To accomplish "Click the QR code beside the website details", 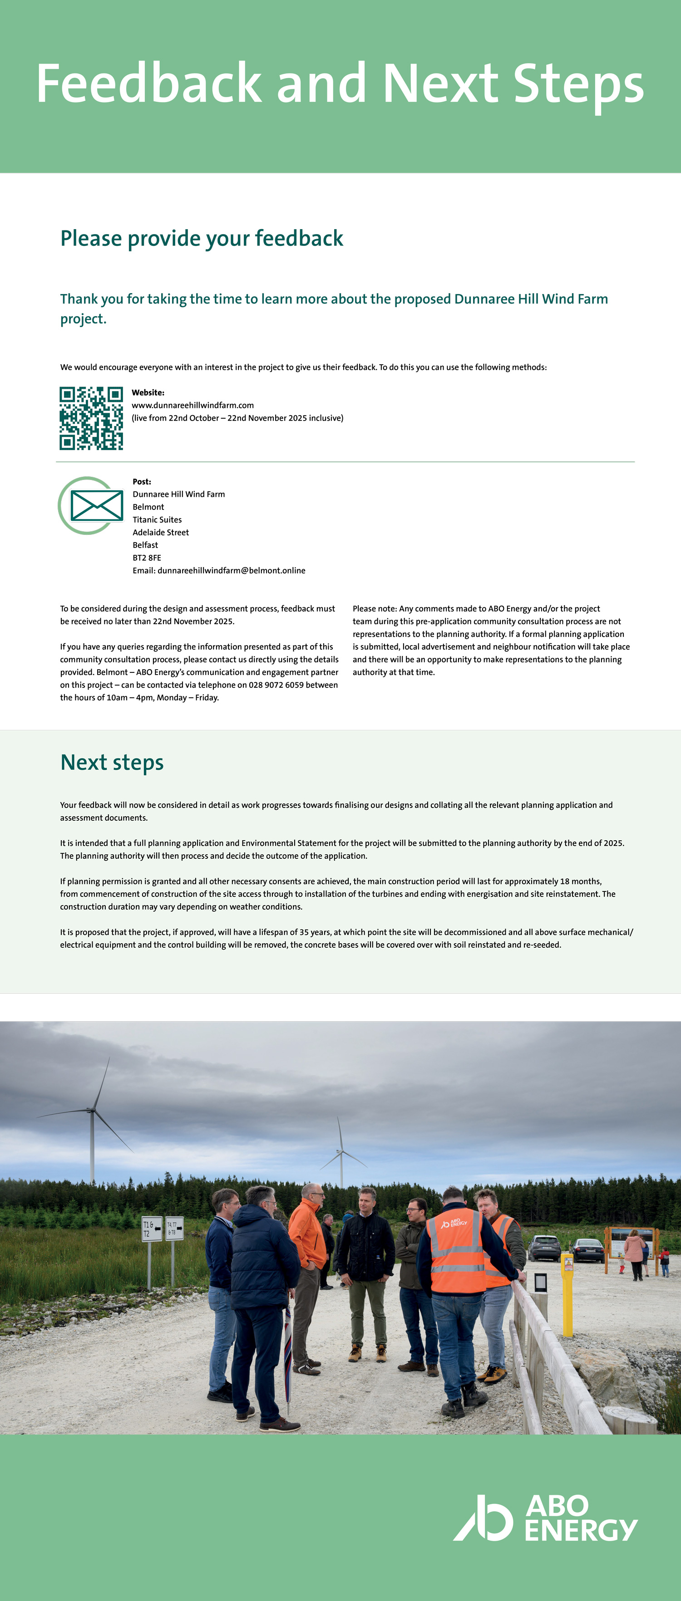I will [x=91, y=418].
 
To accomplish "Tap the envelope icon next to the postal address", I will [x=96, y=506].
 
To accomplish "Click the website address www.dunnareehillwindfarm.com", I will [x=193, y=405].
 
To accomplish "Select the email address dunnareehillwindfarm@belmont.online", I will [x=232, y=571].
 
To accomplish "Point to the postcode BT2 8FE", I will [x=147, y=558].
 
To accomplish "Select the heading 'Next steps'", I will [x=112, y=763].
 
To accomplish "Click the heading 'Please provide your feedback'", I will [x=202, y=239].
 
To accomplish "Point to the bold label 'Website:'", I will [x=148, y=393].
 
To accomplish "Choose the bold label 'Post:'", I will [x=142, y=482].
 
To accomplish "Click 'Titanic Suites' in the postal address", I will [x=158, y=519].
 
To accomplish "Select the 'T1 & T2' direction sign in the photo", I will [x=151, y=1229].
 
